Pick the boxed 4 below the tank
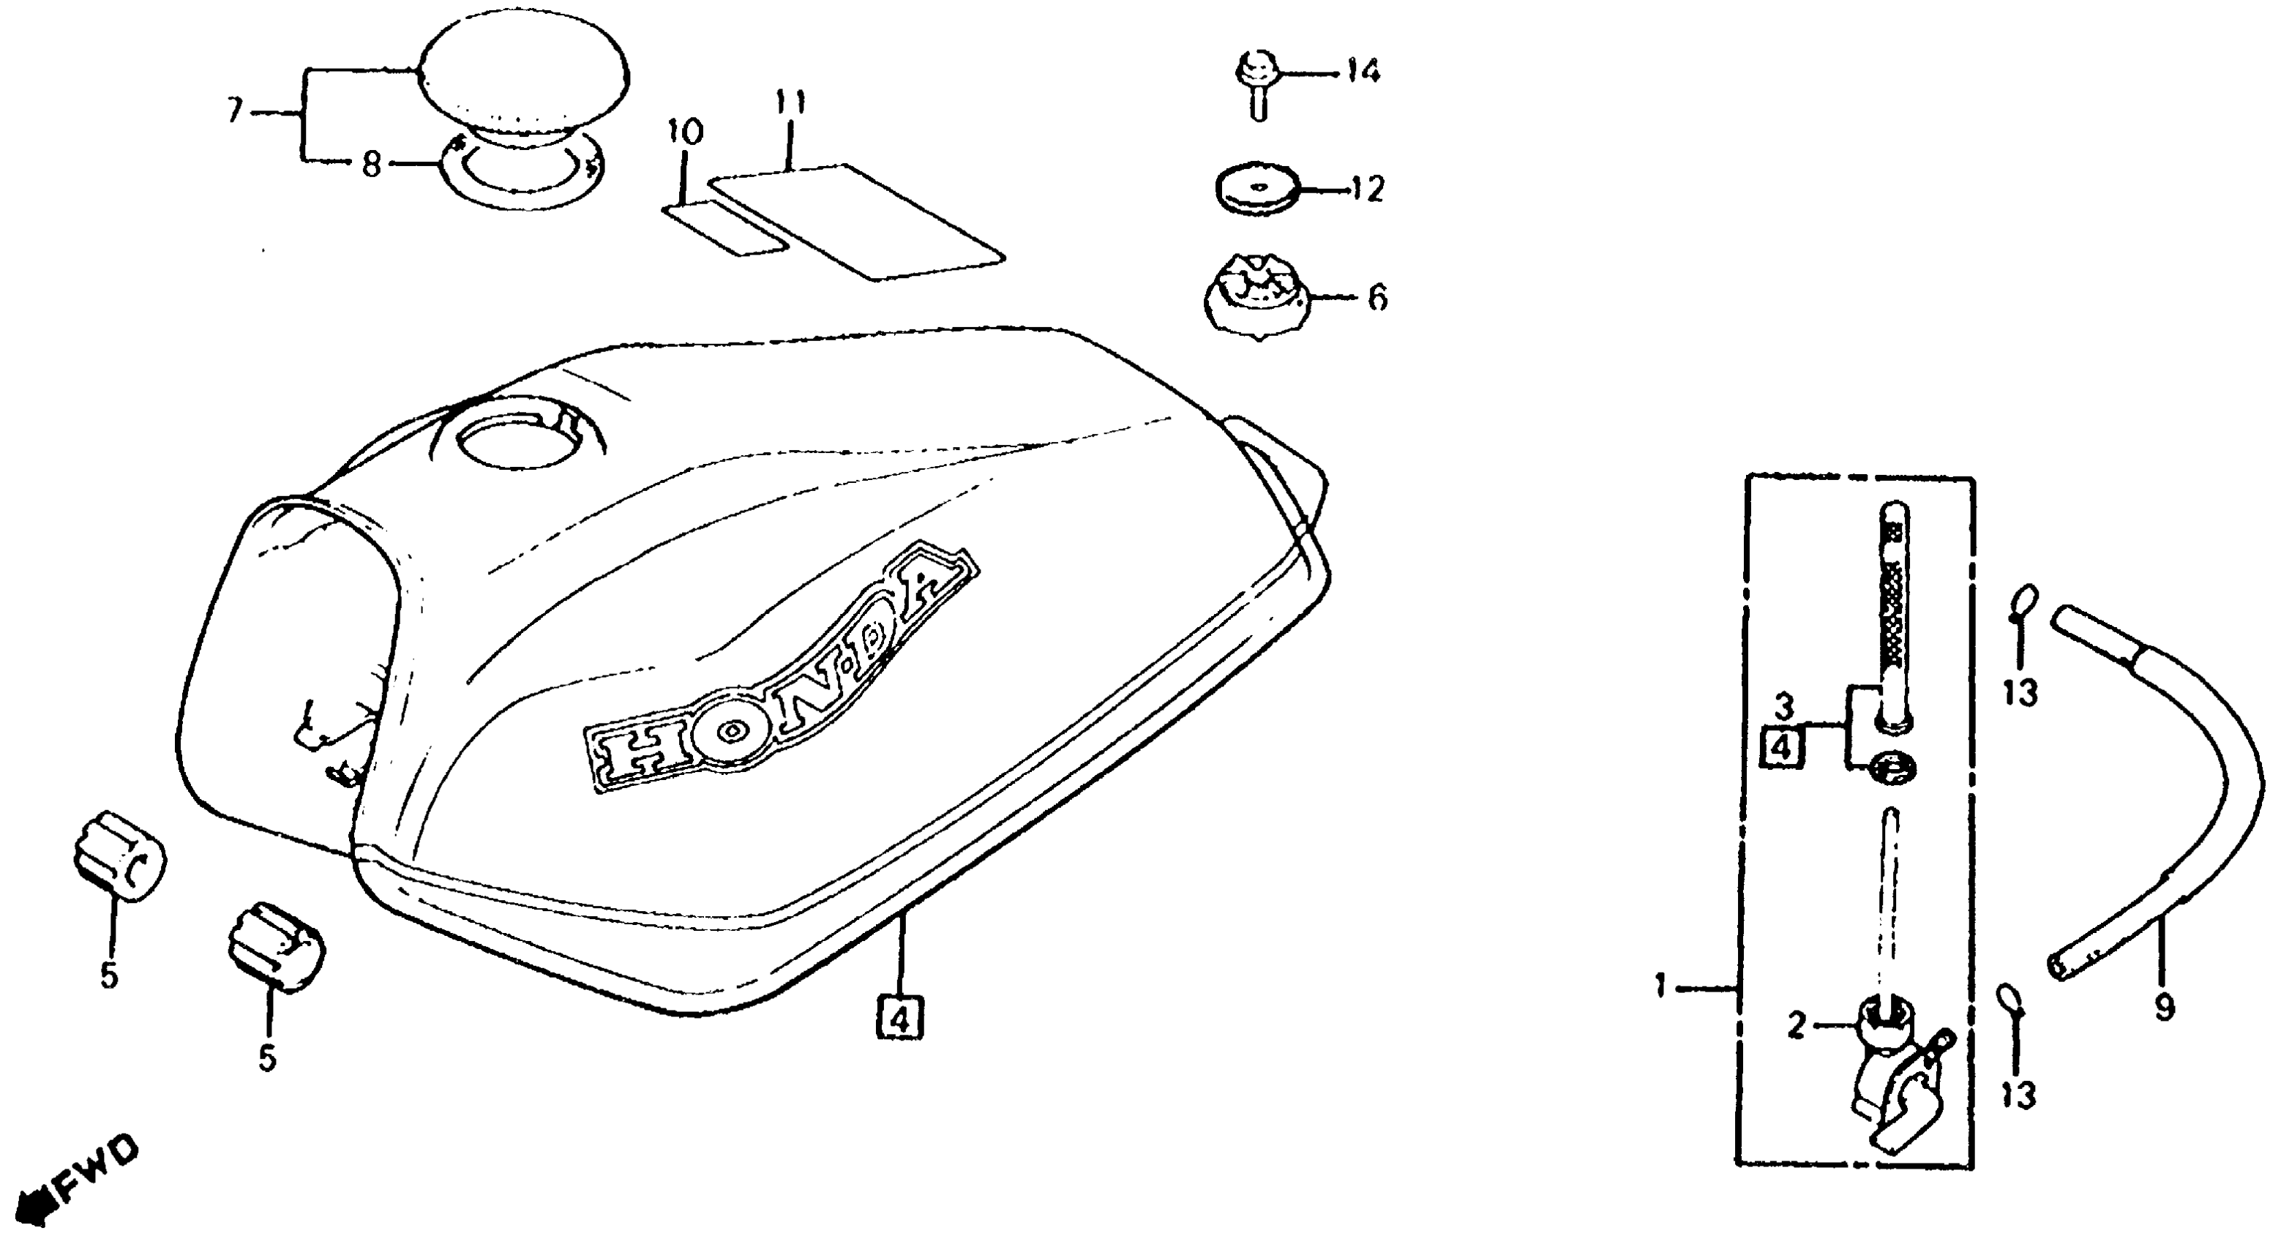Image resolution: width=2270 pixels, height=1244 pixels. [x=899, y=1020]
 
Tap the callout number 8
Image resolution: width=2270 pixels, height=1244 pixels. [x=372, y=165]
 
